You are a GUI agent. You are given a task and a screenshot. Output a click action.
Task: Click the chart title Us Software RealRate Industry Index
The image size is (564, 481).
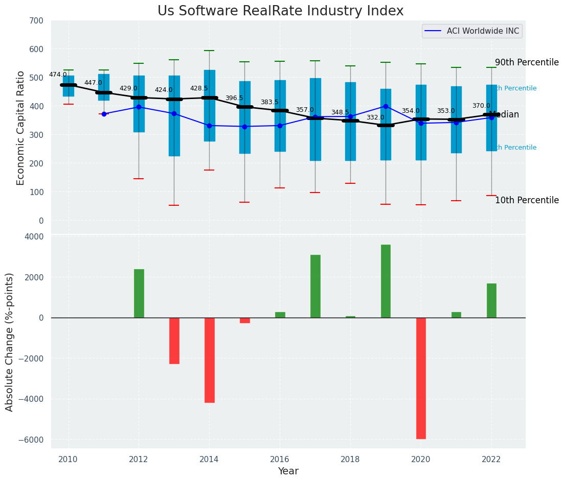(280, 11)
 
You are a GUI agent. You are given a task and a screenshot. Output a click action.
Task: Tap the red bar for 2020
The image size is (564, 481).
(421, 378)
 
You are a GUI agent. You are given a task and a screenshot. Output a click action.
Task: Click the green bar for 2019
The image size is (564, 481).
(386, 281)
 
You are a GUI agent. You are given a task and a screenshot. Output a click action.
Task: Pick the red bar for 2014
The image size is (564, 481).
(209, 360)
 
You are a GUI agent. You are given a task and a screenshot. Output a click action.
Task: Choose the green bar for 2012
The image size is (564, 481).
(139, 293)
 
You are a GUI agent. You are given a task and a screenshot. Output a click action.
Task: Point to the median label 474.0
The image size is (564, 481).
(58, 75)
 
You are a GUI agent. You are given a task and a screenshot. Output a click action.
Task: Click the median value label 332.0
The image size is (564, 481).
(375, 117)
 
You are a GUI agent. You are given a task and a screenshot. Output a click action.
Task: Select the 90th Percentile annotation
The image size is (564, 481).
(527, 62)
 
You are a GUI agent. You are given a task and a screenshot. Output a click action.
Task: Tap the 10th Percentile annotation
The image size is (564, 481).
(527, 200)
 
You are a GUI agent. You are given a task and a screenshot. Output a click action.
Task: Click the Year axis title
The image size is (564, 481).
(288, 471)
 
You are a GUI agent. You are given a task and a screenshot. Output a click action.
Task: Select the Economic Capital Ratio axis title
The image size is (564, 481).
(21, 128)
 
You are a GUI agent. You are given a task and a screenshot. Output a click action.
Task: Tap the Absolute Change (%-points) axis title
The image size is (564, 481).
(10, 342)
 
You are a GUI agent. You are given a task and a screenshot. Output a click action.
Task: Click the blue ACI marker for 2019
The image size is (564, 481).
(386, 106)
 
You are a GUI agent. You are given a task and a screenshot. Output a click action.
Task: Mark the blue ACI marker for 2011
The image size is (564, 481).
(104, 114)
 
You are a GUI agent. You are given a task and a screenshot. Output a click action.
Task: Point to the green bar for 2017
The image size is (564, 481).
(315, 286)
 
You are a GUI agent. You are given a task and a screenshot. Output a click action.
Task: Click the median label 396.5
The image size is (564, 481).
(234, 98)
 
